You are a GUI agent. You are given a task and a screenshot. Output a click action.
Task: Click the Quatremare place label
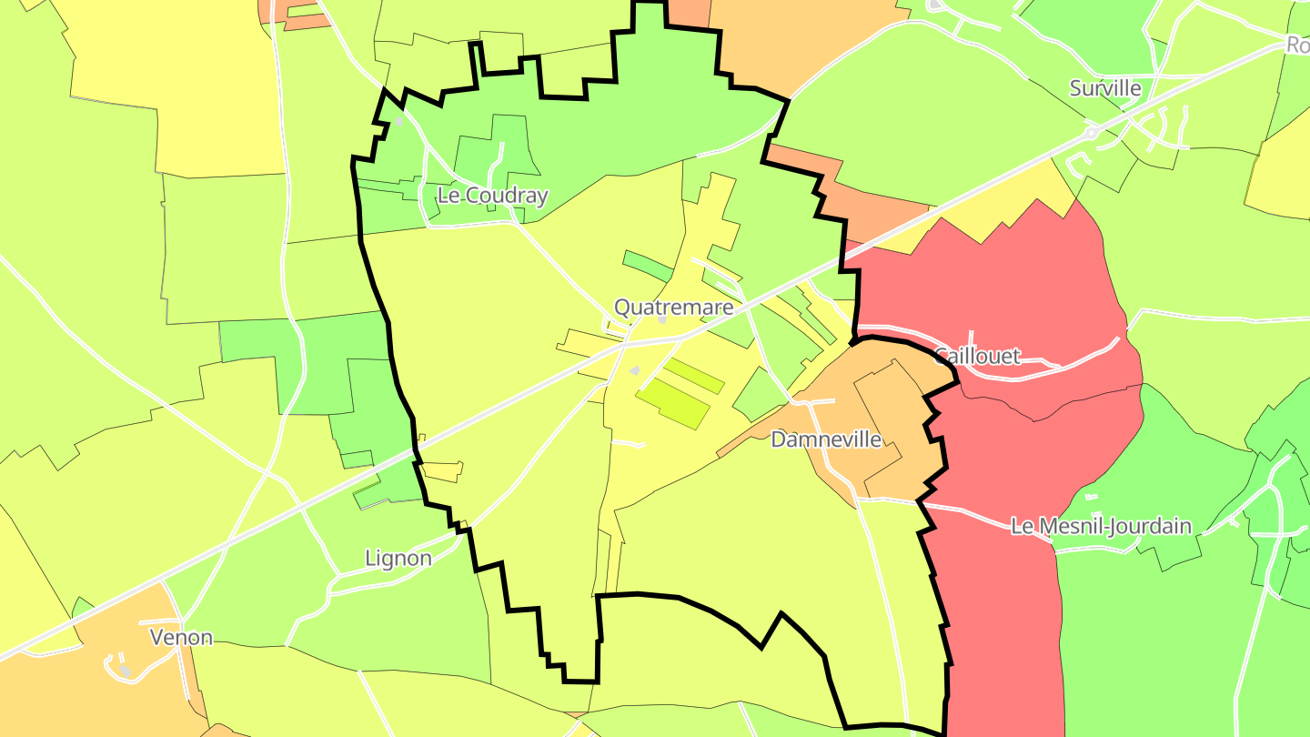(x=673, y=308)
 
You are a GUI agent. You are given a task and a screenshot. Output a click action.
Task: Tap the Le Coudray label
(x=492, y=196)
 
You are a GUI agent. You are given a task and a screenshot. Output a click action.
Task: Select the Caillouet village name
(x=977, y=357)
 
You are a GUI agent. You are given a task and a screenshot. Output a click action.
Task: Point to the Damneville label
(x=826, y=439)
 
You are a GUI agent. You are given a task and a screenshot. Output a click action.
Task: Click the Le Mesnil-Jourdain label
(x=1101, y=526)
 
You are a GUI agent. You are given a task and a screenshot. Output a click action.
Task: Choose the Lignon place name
(x=398, y=558)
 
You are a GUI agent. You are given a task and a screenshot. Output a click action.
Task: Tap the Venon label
(x=182, y=637)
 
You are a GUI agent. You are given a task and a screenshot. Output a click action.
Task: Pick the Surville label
(x=1105, y=88)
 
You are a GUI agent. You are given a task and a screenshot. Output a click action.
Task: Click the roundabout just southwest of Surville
(x=1091, y=133)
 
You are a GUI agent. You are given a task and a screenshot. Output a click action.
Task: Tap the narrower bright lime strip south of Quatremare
(x=694, y=376)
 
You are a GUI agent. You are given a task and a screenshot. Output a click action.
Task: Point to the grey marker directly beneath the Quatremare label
(x=662, y=319)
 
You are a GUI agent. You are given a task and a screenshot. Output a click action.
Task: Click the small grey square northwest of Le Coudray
(x=398, y=120)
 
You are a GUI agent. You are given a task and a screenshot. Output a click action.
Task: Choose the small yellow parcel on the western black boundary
(x=442, y=471)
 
